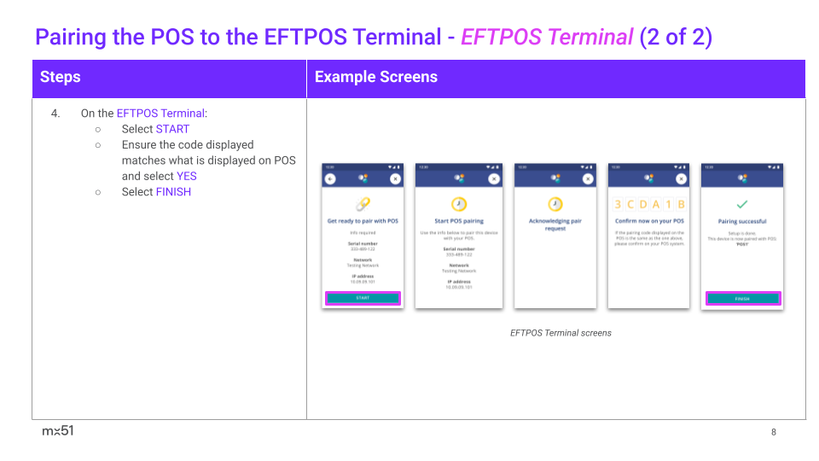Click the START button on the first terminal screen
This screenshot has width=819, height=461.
pos(363,298)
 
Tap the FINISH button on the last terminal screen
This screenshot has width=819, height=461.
pos(742,299)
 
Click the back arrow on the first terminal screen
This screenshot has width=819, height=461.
pos(331,178)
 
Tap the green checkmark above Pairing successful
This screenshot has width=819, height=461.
pos(742,205)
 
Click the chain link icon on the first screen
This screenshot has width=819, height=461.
pos(363,204)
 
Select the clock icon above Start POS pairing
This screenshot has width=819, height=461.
pos(459,204)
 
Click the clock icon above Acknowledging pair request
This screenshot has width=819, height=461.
pos(555,204)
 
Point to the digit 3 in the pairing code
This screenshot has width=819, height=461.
pos(618,205)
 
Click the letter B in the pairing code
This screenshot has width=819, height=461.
pos(681,205)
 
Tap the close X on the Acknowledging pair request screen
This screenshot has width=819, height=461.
pos(587,178)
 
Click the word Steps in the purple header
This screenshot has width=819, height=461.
pos(60,77)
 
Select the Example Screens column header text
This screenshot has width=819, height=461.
pos(375,77)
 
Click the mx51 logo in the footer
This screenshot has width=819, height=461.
pos(58,431)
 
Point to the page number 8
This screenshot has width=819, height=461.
pos(774,432)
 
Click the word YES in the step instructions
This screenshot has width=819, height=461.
pos(186,176)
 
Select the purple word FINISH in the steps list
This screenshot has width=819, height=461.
pos(173,192)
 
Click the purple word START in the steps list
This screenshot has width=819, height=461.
pos(172,129)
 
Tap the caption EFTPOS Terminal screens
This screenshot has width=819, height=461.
pos(561,333)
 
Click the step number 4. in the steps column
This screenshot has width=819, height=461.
pos(55,113)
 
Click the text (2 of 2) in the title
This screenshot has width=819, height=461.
pos(676,38)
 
